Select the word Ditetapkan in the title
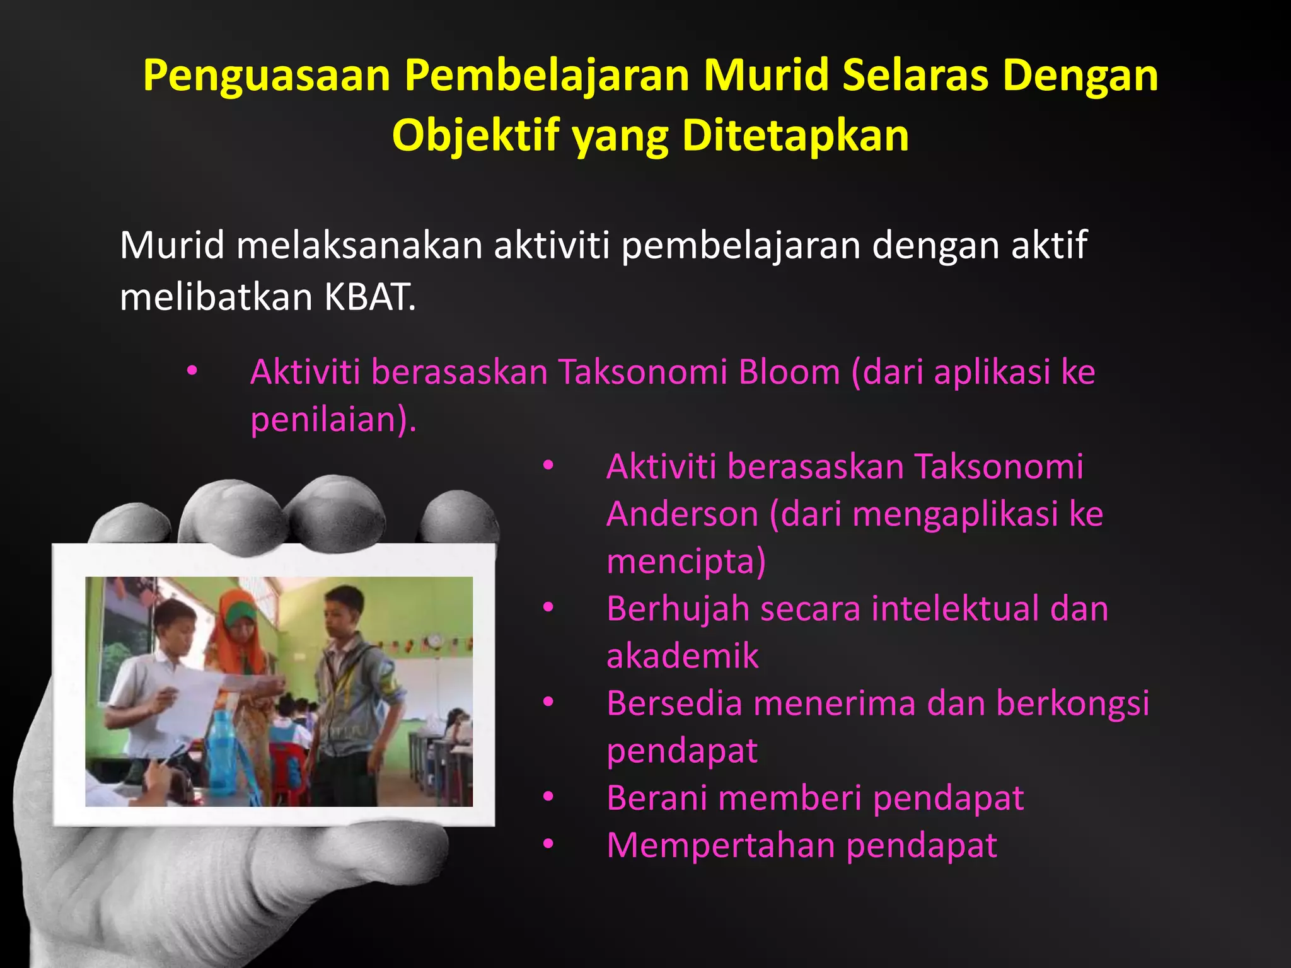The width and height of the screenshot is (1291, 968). click(x=796, y=135)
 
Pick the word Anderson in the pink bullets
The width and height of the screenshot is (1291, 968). click(x=683, y=514)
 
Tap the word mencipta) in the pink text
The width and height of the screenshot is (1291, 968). click(x=686, y=561)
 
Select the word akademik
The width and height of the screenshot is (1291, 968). click(x=683, y=656)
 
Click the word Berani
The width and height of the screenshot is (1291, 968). click(x=656, y=798)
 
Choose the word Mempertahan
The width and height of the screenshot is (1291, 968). click(x=721, y=845)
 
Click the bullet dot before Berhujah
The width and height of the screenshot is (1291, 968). click(x=548, y=608)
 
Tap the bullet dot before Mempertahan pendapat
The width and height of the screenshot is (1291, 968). click(x=548, y=844)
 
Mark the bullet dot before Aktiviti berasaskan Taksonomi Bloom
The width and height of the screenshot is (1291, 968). click(x=192, y=371)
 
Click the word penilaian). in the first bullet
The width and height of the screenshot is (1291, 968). click(x=333, y=419)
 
